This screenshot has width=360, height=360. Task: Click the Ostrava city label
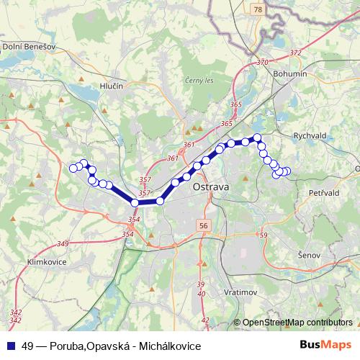(x=211, y=187)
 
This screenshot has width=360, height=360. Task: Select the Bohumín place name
(x=290, y=73)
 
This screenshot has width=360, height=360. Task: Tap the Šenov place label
(x=311, y=254)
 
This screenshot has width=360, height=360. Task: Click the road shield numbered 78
(x=258, y=9)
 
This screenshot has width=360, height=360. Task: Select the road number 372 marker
(x=295, y=53)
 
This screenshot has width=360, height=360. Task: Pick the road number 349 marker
(x=63, y=243)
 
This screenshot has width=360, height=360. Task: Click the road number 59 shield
(x=263, y=235)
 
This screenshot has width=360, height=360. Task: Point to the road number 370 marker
(x=263, y=63)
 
